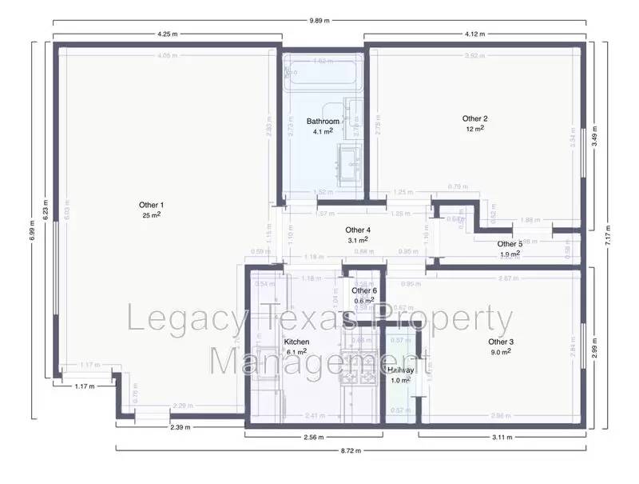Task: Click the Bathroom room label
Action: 323,122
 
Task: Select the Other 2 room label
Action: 474,119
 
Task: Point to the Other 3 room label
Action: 502,342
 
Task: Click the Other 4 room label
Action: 358,230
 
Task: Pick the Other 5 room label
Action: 510,244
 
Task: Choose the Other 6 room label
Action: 364,290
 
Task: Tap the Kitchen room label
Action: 296,342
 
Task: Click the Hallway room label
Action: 399,370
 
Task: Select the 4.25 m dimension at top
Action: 167,34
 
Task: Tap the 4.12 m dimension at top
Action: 474,34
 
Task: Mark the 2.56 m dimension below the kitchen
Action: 312,438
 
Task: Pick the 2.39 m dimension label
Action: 181,428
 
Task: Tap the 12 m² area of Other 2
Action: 474,129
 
